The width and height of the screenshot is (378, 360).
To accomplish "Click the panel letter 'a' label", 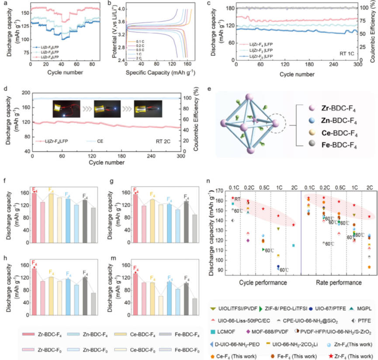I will coord(5,3).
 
